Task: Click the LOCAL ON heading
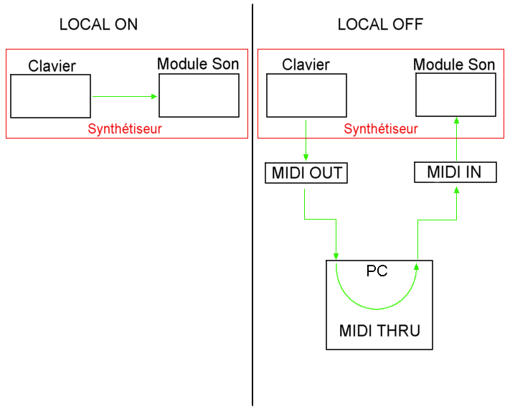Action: [98, 24]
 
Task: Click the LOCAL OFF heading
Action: [380, 24]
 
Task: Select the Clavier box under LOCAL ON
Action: [50, 95]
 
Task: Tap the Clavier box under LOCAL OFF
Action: [306, 95]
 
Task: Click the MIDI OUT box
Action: [306, 173]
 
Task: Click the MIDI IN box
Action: [455, 172]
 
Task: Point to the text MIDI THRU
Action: [379, 332]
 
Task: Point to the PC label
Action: [377, 271]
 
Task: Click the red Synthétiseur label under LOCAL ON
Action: [125, 129]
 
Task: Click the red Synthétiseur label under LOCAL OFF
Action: [381, 129]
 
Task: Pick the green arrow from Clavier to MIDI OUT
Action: [306, 140]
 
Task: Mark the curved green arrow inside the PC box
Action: [376, 309]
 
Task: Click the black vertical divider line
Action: [253, 215]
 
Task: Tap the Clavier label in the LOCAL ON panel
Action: [52, 67]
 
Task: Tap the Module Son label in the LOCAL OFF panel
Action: [454, 65]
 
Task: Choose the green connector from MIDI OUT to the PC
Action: [321, 218]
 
